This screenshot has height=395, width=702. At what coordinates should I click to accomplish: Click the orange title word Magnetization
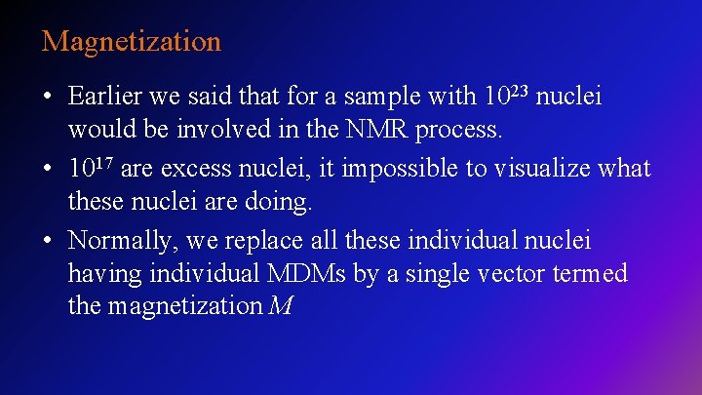click(132, 42)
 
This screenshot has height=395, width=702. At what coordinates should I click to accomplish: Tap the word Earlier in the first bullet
click(105, 97)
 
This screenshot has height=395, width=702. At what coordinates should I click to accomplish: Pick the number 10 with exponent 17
click(91, 167)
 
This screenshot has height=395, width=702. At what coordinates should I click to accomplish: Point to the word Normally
click(120, 240)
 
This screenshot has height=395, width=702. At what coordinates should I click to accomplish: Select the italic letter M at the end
click(281, 306)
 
